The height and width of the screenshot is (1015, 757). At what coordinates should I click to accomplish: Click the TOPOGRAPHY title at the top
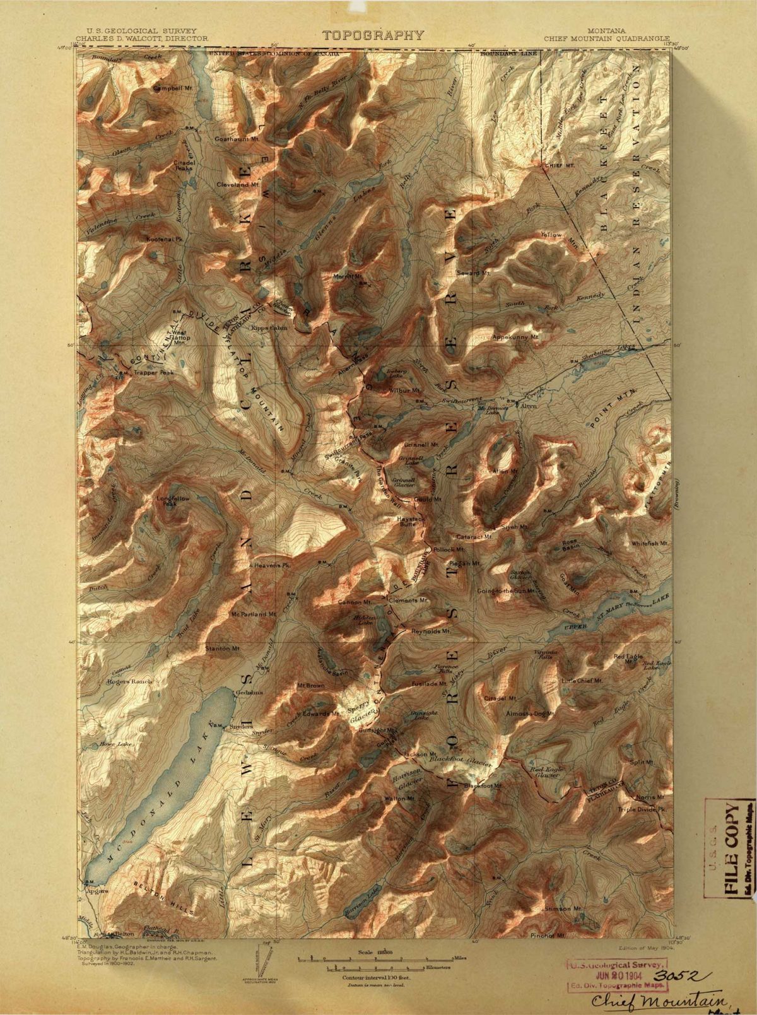point(373,35)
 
